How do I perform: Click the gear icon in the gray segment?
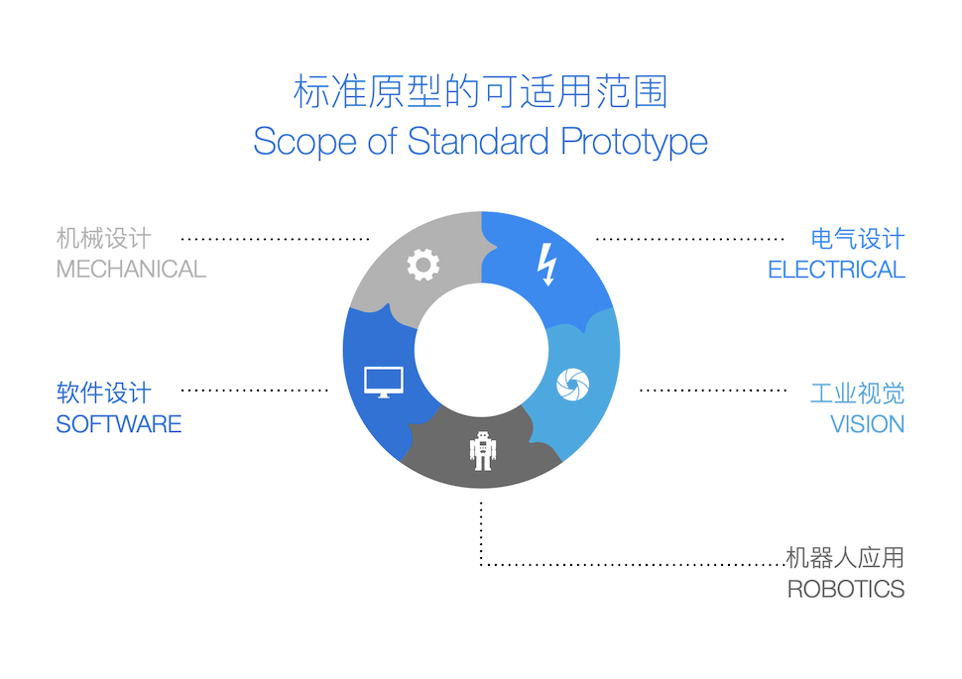pyautogui.click(x=423, y=265)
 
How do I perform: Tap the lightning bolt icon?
pyautogui.click(x=546, y=265)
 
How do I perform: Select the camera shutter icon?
pyautogui.click(x=572, y=385)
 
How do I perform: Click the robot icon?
pyautogui.click(x=483, y=451)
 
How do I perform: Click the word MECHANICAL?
pyautogui.click(x=131, y=270)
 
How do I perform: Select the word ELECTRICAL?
pyautogui.click(x=836, y=270)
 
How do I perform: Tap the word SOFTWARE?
pyautogui.click(x=119, y=424)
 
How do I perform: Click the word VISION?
pyautogui.click(x=868, y=424)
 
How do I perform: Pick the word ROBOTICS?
pyautogui.click(x=846, y=590)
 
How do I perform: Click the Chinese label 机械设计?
pyautogui.click(x=104, y=238)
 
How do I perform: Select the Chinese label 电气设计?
pyautogui.click(x=858, y=239)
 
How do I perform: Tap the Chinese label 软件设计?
pyautogui.click(x=104, y=394)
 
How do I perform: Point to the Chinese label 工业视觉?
pyautogui.click(x=858, y=394)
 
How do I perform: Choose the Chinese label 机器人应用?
pyautogui.click(x=845, y=558)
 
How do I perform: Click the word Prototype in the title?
pyautogui.click(x=635, y=143)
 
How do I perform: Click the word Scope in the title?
pyautogui.click(x=304, y=143)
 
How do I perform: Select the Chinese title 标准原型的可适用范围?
pyautogui.click(x=480, y=91)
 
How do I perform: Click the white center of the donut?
pyautogui.click(x=481, y=350)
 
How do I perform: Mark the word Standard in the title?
pyautogui.click(x=478, y=142)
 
